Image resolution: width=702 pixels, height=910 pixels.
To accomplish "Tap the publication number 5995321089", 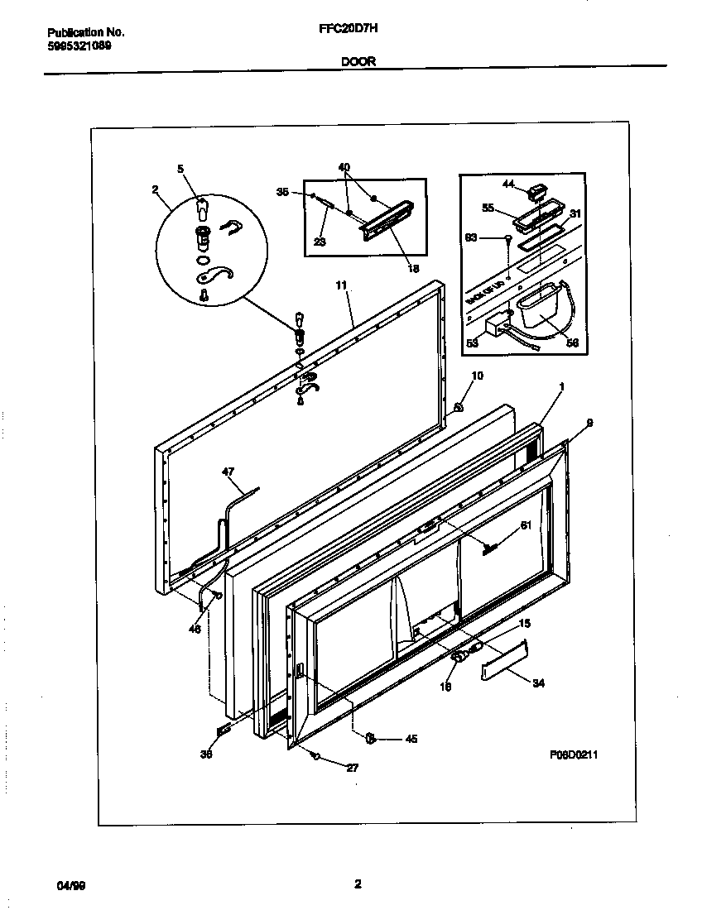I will (80, 45).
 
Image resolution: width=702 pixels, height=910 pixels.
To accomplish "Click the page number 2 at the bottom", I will (358, 884).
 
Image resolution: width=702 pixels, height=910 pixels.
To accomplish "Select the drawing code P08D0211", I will (574, 754).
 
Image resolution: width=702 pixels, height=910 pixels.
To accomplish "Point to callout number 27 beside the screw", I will (352, 768).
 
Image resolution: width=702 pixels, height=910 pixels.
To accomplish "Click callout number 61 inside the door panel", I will (525, 525).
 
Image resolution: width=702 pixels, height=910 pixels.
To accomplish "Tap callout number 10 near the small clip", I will (477, 376).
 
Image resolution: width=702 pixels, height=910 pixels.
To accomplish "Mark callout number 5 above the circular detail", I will (180, 169).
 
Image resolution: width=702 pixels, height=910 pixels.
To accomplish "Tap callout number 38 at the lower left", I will (206, 754).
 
